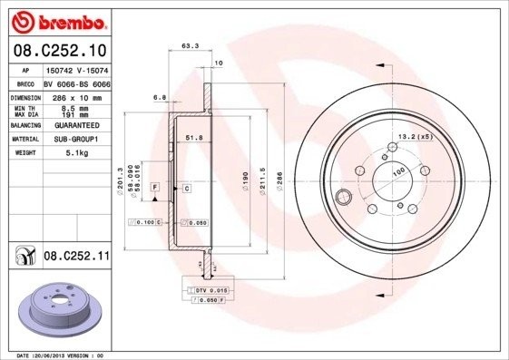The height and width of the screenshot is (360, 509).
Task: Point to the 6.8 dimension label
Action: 160,95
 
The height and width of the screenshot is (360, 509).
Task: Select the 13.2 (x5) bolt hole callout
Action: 414,137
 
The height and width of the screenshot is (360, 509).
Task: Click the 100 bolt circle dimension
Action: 397,170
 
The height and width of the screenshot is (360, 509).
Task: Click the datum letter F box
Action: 155,187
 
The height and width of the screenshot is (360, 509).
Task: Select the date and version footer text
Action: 61,355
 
